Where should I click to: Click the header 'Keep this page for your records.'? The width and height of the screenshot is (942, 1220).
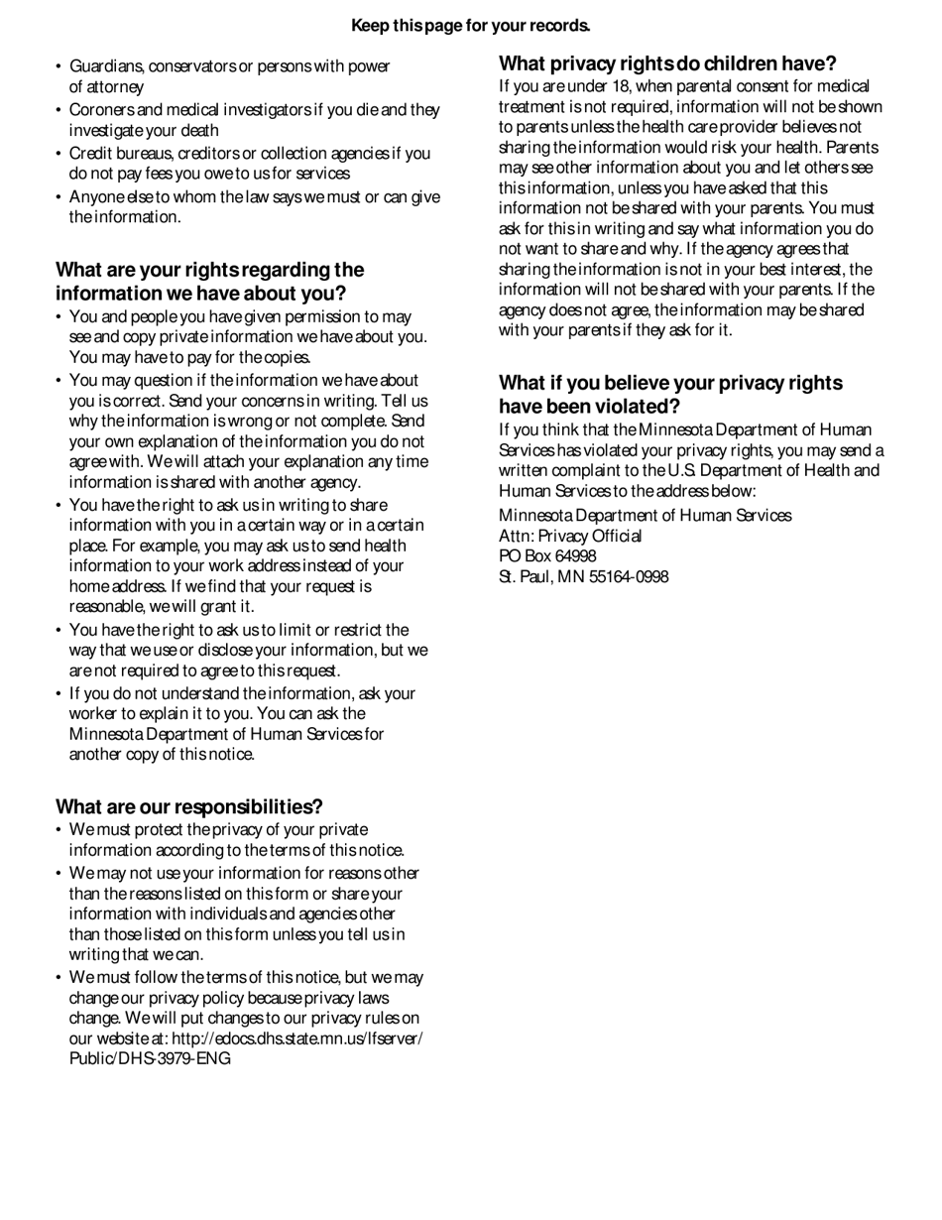point(470,26)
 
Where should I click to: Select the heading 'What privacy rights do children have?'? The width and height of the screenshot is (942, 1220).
point(667,64)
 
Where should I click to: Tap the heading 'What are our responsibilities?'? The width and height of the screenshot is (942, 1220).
point(188,806)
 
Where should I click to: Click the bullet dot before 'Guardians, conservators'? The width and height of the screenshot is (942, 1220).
point(59,67)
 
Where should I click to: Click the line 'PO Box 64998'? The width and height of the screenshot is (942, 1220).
point(546,556)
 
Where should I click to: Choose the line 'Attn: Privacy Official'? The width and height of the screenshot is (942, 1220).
point(570,536)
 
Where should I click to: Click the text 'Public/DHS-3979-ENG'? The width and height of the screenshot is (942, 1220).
point(150,1058)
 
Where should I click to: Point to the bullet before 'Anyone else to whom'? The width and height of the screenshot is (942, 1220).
point(59,197)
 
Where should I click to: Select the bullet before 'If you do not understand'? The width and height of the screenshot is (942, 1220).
point(59,694)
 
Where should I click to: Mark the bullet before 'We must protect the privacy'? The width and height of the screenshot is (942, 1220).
point(59,830)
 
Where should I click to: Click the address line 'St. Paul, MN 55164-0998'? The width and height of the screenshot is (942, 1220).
point(583,577)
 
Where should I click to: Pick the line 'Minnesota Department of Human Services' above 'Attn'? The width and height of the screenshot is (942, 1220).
point(645,516)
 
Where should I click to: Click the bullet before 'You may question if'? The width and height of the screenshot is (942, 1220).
point(59,381)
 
